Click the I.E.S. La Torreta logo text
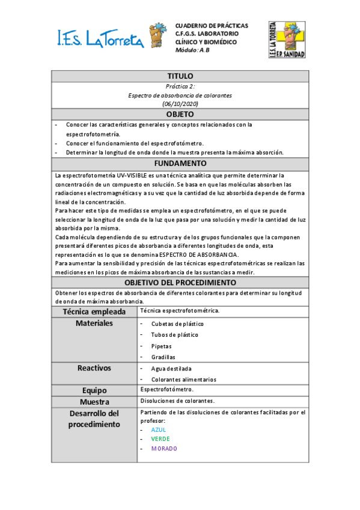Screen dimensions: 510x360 [100, 39]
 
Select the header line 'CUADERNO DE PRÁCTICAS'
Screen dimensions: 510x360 [211, 26]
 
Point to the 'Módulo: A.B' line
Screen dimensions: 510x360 [192, 51]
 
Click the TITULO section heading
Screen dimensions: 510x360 [180, 76]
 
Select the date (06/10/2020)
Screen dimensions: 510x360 [180, 104]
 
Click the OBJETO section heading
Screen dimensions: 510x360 [180, 114]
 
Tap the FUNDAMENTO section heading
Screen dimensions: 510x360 [180, 164]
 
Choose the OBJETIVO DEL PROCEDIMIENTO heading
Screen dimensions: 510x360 [180, 283]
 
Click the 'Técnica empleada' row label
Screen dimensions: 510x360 [94, 312]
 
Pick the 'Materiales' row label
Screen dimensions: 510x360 [94, 324]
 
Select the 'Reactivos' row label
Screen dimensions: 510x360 [94, 368]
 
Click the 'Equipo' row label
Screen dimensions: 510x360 [94, 390]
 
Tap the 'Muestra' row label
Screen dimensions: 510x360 [94, 402]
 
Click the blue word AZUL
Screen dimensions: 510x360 [159, 430]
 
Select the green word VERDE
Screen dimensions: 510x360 [160, 439]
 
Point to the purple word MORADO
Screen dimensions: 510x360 [164, 449]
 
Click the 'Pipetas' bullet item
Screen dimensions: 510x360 [161, 346]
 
